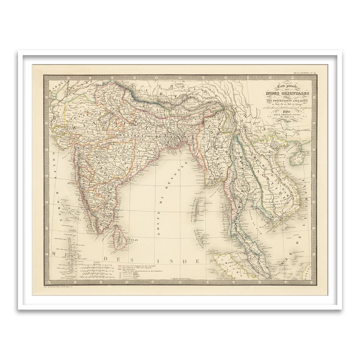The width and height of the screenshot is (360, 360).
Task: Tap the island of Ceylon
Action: (x=119, y=238)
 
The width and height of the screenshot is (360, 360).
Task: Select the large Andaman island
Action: (x=197, y=211)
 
